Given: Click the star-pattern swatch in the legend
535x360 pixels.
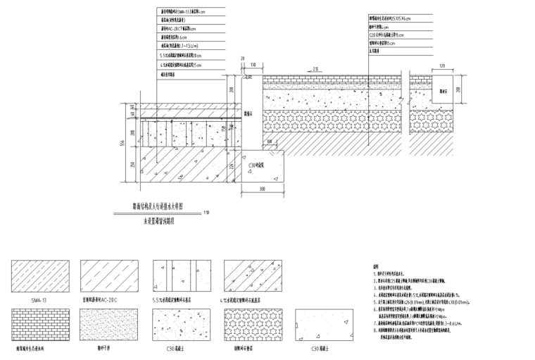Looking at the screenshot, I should point(248,326).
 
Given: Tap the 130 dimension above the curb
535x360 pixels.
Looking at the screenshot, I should point(252,65).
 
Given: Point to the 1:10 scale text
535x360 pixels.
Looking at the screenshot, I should point(206,212).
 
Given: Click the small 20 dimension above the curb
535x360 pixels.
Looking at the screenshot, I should point(241,60).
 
